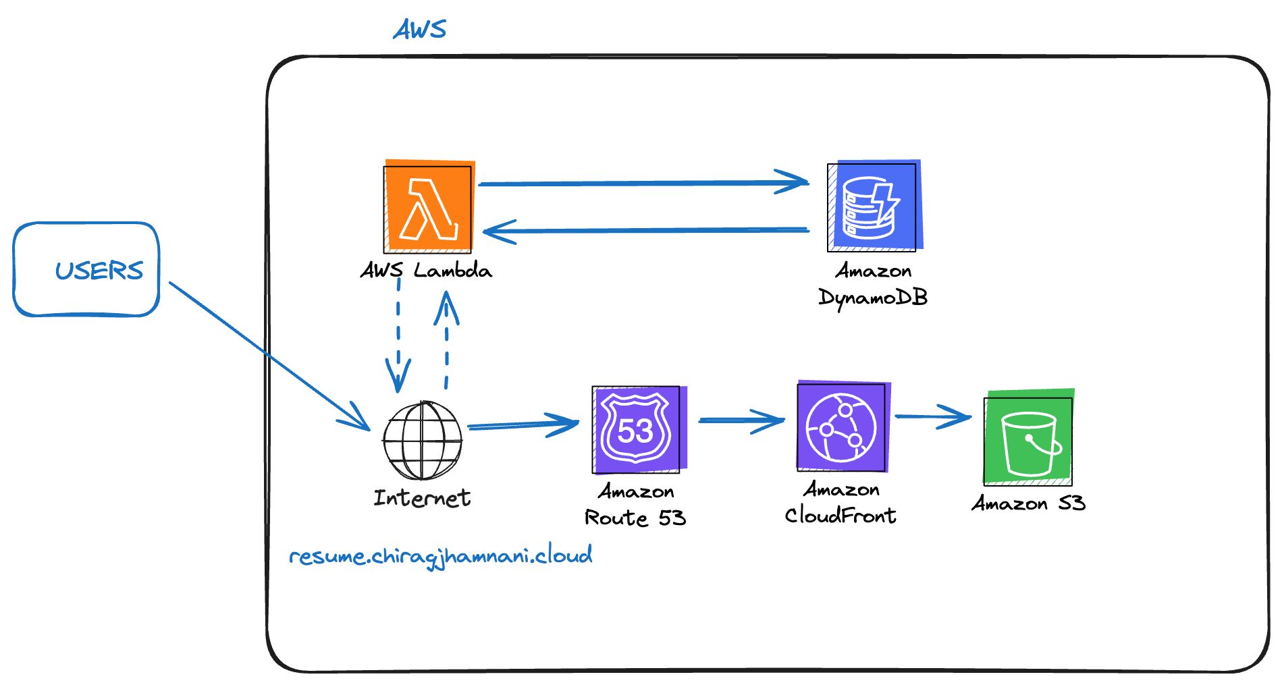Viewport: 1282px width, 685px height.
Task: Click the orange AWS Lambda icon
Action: (x=428, y=207)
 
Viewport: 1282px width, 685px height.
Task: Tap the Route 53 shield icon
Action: (x=637, y=429)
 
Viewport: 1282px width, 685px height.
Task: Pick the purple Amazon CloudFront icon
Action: (x=842, y=427)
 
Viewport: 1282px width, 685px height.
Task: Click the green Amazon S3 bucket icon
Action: (x=1028, y=440)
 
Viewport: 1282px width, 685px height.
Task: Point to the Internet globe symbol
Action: (x=423, y=440)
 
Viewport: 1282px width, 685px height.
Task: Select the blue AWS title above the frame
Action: (x=419, y=30)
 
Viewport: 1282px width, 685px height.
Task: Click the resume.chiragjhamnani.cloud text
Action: (x=440, y=556)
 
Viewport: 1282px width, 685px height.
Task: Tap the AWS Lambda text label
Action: (x=426, y=271)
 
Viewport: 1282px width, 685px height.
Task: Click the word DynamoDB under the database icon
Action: (x=873, y=297)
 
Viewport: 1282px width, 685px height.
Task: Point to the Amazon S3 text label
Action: (x=1028, y=503)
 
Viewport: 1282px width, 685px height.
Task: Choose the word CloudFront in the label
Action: (x=840, y=516)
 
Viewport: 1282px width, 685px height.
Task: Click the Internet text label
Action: (x=422, y=498)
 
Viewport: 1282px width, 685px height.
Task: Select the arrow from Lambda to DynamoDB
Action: (x=641, y=183)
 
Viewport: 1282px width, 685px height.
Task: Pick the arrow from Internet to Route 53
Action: (x=523, y=425)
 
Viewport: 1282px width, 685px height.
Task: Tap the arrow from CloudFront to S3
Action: (x=932, y=416)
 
